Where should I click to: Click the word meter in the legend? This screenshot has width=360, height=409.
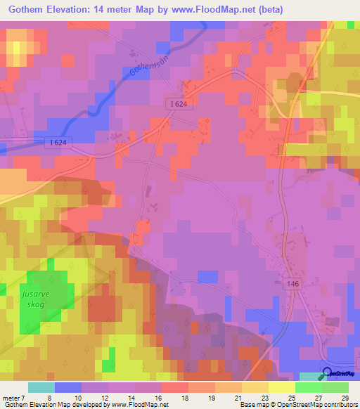pyautogui.click(x=11, y=397)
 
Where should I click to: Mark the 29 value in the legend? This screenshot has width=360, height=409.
pyautogui.click(x=344, y=397)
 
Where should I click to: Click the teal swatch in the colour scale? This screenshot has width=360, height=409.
pyautogui.click(x=41, y=387)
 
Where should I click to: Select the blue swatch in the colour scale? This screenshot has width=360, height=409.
pyautogui.click(x=67, y=387)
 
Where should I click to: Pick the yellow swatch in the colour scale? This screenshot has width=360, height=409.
pyautogui.click(x=281, y=387)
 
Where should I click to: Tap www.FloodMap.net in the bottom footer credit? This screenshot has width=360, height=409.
pyautogui.click(x=134, y=405)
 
